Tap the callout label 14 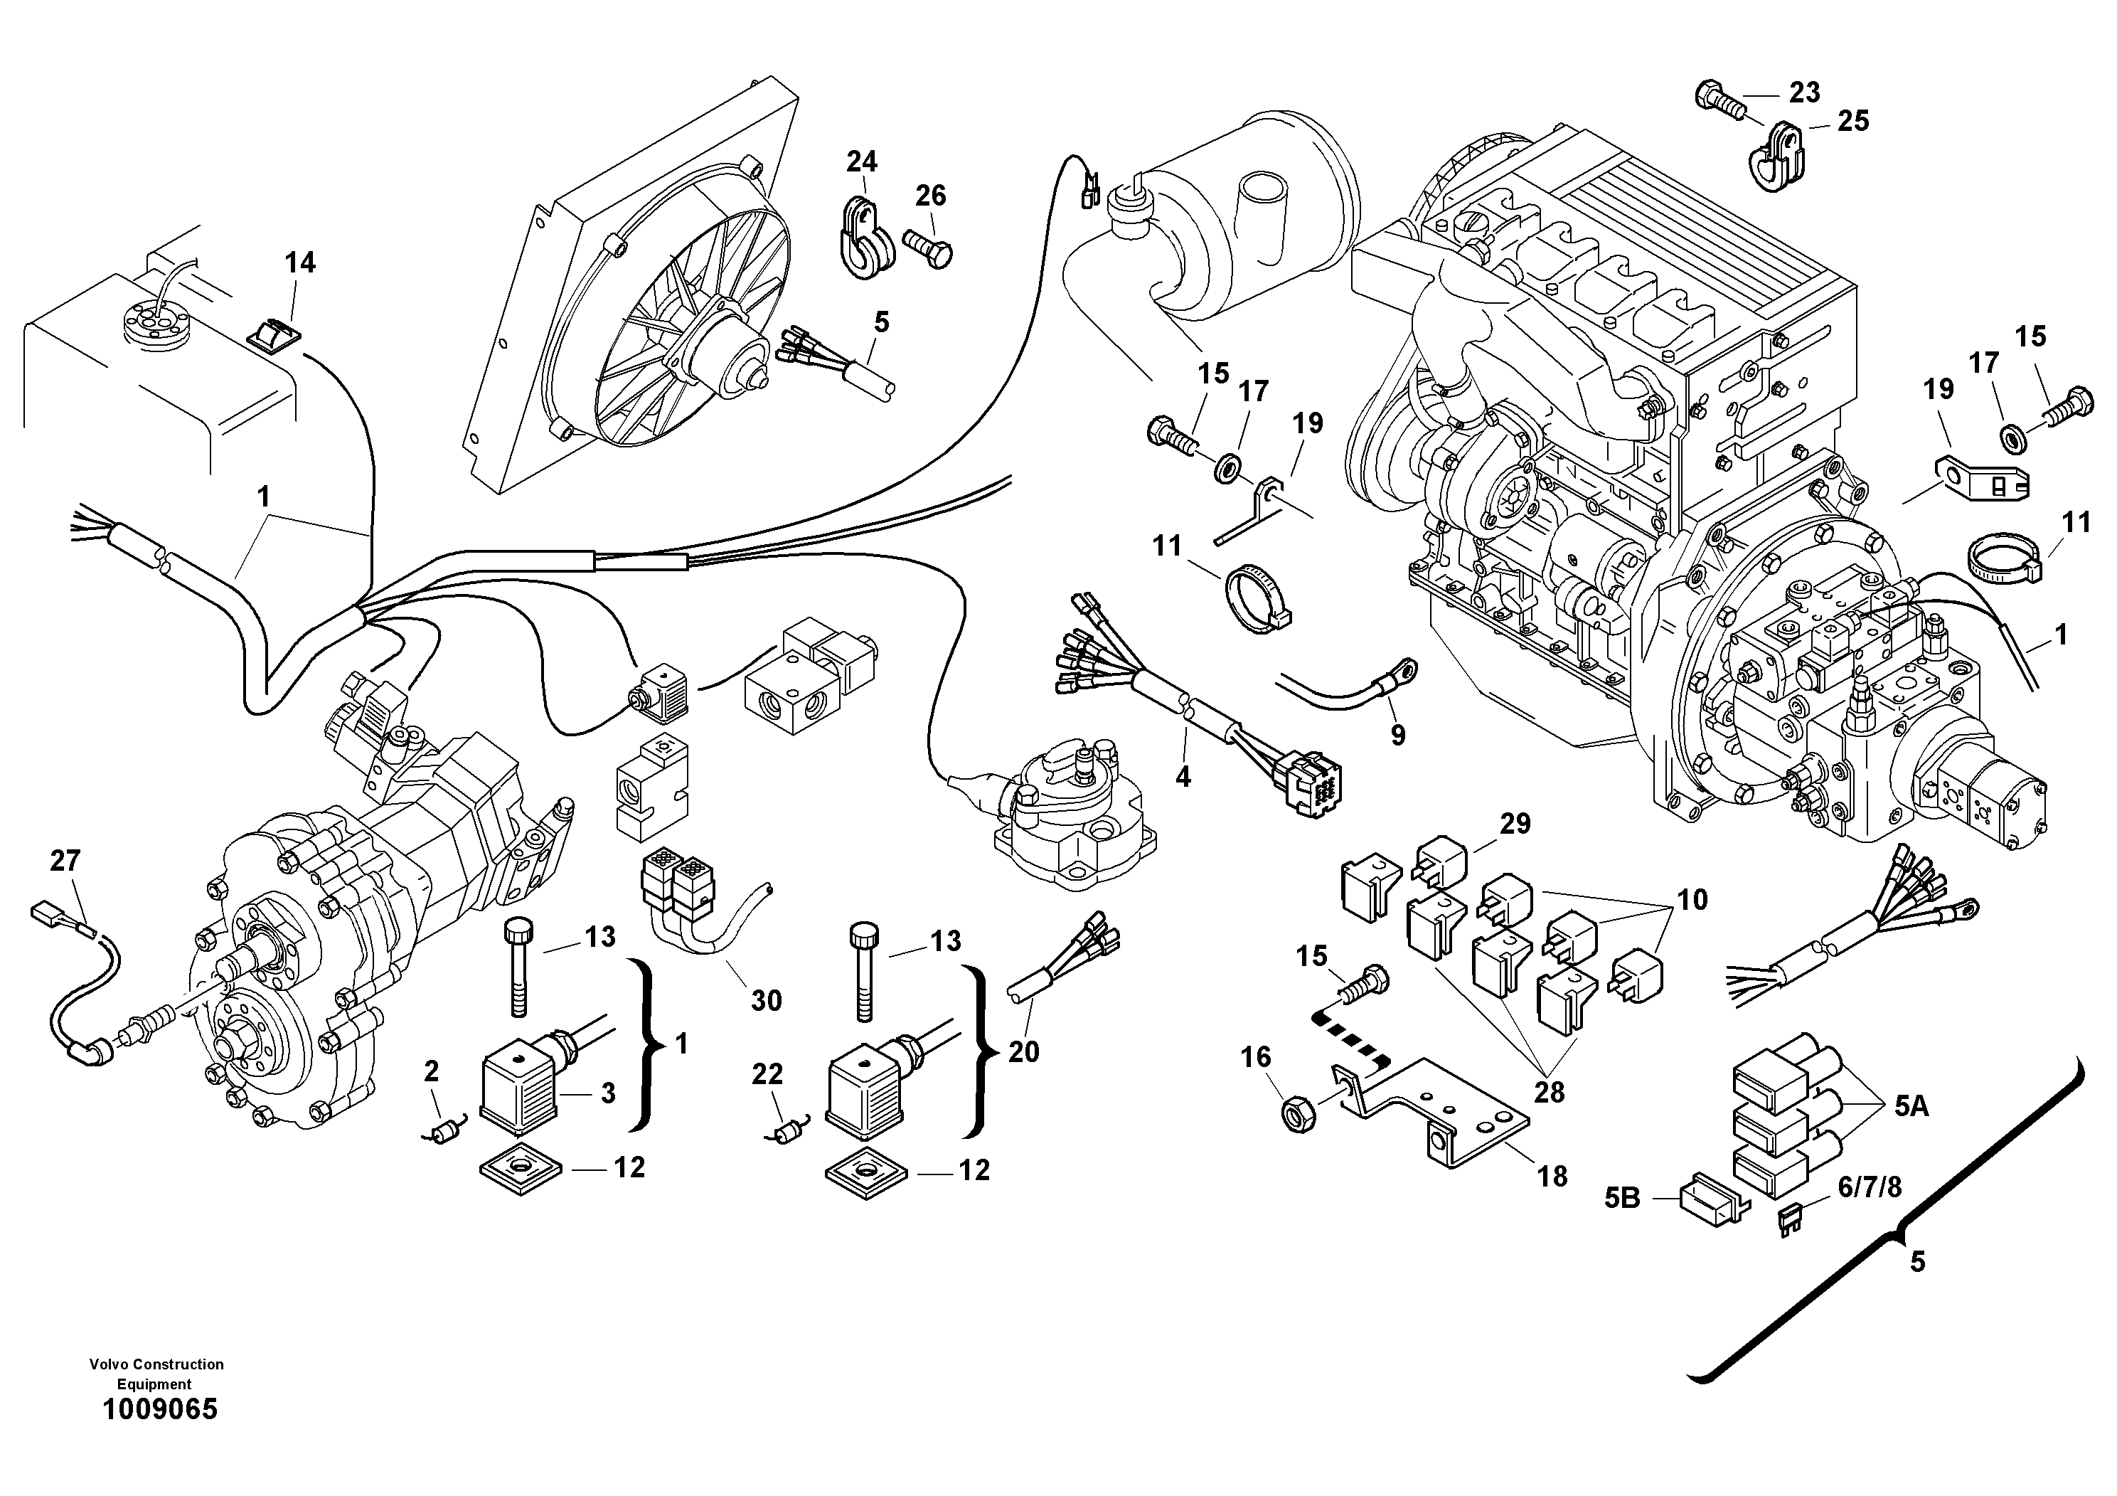pyautogui.click(x=299, y=263)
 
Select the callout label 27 pyautogui.click(x=65, y=861)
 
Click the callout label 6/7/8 pyautogui.click(x=1869, y=1187)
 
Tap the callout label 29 pyautogui.click(x=1515, y=824)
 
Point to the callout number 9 pyautogui.click(x=1398, y=735)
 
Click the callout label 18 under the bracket pyautogui.click(x=1552, y=1176)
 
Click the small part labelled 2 pyautogui.click(x=445, y=1130)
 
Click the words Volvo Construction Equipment pyautogui.click(x=156, y=1374)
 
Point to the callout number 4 pyautogui.click(x=1183, y=777)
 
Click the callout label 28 pyautogui.click(x=1549, y=1092)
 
